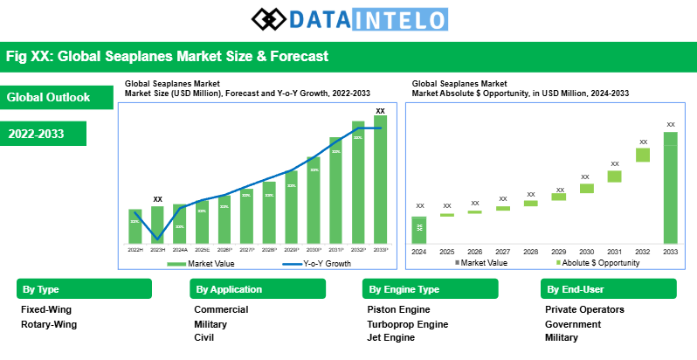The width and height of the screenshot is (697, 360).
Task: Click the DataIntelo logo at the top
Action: click(x=348, y=18)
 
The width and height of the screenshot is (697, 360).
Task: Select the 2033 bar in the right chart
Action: click(x=670, y=187)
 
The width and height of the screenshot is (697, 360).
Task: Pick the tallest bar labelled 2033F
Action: click(x=380, y=179)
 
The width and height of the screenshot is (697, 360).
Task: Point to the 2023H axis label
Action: click(x=157, y=250)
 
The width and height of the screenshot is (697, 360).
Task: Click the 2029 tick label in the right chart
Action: click(x=558, y=251)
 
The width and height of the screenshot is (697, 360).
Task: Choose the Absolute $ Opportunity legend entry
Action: click(x=597, y=263)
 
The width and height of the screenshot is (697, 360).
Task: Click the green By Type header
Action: click(x=84, y=289)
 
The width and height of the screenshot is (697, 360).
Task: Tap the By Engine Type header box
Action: click(x=430, y=289)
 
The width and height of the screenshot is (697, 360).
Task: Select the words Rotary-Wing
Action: click(x=49, y=324)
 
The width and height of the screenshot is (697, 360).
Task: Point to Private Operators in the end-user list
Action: click(x=584, y=309)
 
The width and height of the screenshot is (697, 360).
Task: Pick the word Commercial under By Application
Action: click(x=221, y=309)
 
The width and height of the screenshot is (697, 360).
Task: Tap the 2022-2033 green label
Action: click(x=44, y=134)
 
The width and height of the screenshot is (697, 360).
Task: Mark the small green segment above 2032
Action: click(x=643, y=155)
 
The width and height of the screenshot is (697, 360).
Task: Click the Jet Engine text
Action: click(x=391, y=338)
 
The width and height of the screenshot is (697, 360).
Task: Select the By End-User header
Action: click(x=609, y=289)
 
